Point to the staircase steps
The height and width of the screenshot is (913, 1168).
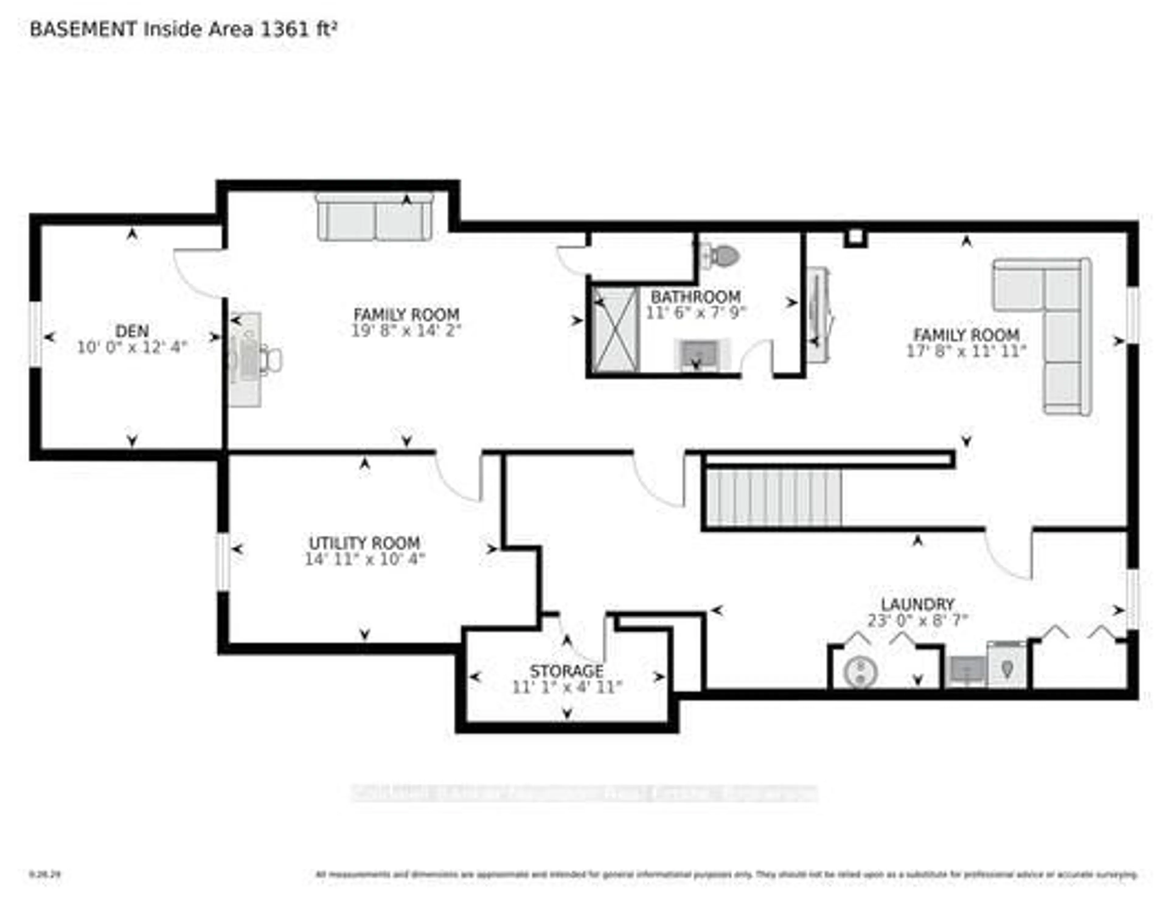tap(774, 498)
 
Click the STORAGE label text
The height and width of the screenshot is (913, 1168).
tap(566, 671)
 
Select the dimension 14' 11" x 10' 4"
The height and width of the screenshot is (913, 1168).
tap(365, 560)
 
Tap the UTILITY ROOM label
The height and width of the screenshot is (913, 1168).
tap(365, 543)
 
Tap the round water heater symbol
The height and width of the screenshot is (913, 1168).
tap(860, 672)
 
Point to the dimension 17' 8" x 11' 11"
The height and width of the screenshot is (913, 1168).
tap(966, 351)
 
